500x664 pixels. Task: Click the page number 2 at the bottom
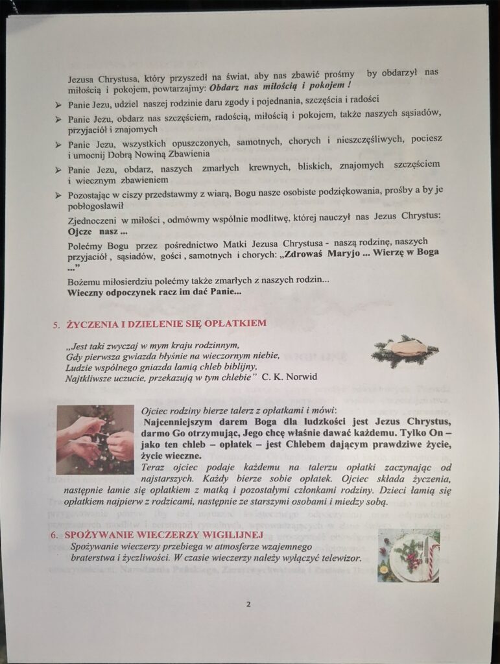pos(248,605)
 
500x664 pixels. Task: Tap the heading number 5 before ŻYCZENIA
pos(56,324)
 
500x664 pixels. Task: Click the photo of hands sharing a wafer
pos(95,440)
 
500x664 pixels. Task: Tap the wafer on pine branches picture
pos(405,351)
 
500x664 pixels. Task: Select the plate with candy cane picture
pos(409,554)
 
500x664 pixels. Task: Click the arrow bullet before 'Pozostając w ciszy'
pos(58,195)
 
